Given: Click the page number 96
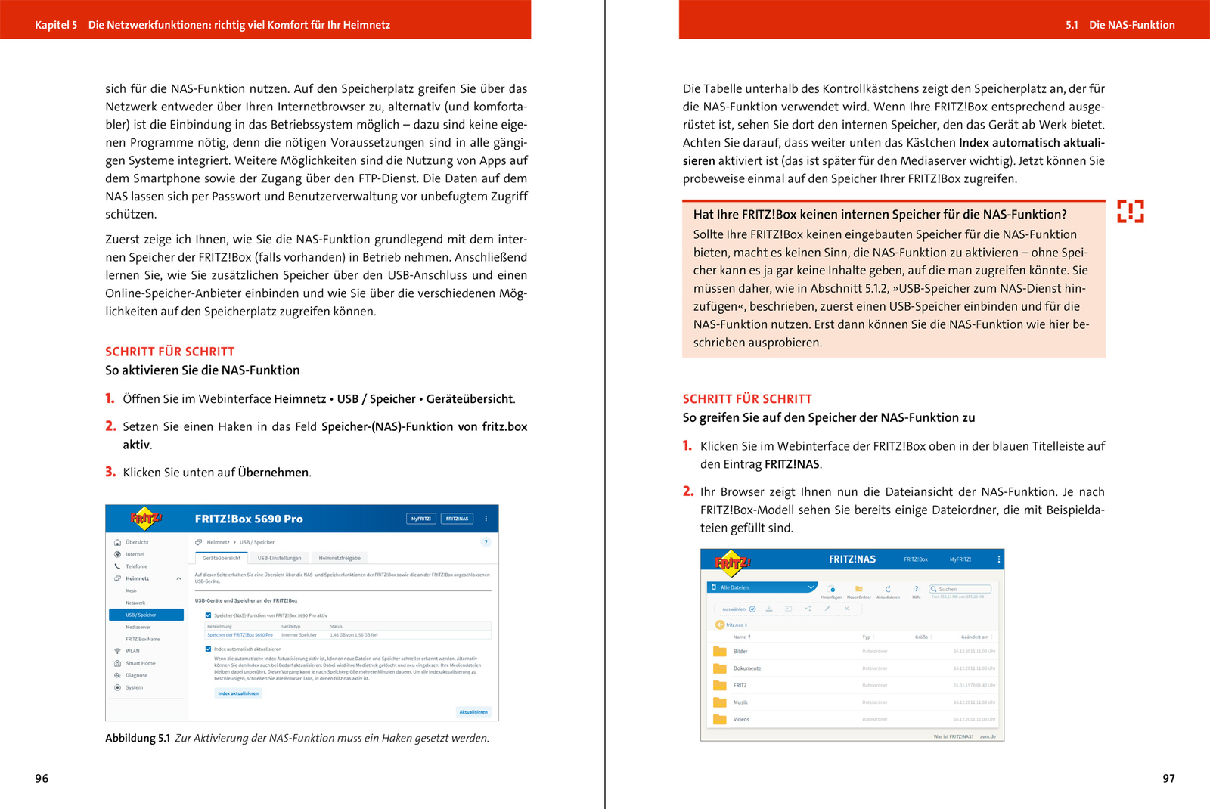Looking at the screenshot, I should (x=42, y=778).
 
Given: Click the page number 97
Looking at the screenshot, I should (x=1168, y=778).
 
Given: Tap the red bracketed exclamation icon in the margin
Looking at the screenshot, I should (x=1130, y=211).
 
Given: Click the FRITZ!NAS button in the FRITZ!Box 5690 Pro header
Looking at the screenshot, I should (x=457, y=519).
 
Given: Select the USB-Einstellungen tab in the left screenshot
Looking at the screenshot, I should (x=279, y=558).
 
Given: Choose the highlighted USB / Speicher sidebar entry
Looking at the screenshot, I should (x=146, y=615).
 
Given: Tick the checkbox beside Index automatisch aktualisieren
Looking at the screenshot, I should (x=209, y=649).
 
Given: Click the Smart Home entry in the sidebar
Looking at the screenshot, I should (x=140, y=663).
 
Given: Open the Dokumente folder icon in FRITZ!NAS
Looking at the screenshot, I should (x=719, y=668).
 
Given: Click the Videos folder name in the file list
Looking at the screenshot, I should (x=741, y=719).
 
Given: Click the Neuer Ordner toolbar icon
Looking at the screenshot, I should (x=858, y=589).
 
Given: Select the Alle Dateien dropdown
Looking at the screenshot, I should (x=762, y=587).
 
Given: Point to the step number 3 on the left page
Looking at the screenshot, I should (x=110, y=472).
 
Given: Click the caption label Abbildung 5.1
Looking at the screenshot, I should (x=137, y=738).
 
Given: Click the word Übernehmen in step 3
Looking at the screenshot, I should (x=273, y=473).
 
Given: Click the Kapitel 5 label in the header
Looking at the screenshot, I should (x=55, y=25).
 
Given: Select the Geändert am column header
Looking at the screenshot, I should (x=974, y=637).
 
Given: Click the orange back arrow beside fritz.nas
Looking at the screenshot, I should (x=719, y=625).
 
